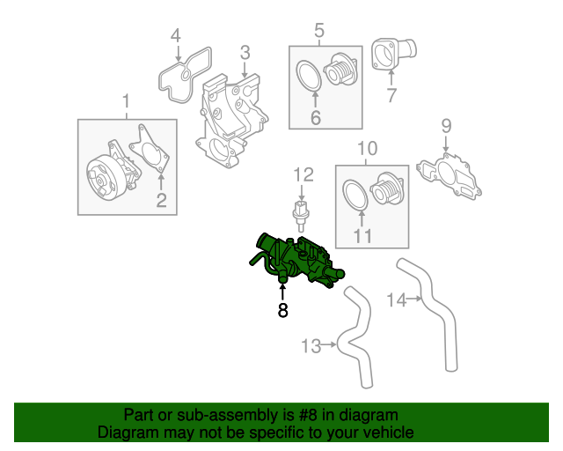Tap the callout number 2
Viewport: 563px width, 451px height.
point(161,201)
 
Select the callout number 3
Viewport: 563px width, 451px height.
point(245,54)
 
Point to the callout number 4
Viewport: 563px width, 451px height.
point(175,36)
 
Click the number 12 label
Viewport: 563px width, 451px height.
point(303,174)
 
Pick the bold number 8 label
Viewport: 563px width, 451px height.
point(282,310)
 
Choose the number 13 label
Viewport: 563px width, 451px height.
point(311,345)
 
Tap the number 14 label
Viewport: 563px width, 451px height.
point(397,300)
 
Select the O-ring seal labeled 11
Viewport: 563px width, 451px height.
point(354,196)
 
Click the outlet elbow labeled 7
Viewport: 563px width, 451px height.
point(387,55)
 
